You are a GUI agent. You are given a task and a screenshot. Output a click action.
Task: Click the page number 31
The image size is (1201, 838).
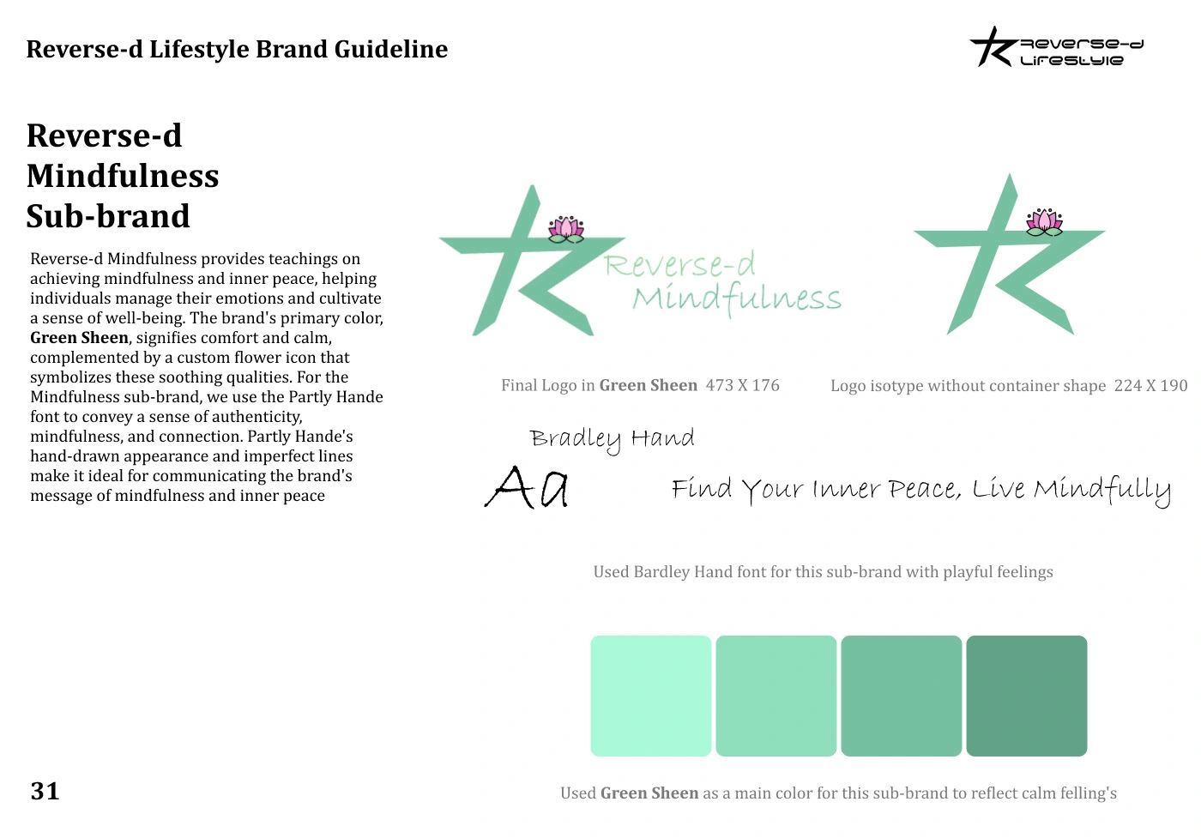coord(45,791)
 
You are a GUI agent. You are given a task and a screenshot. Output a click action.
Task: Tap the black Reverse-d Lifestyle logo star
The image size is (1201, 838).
coord(992,48)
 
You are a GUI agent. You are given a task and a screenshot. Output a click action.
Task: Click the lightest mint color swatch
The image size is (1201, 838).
coord(650,696)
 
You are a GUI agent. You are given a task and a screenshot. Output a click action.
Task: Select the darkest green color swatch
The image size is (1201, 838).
coord(1026,696)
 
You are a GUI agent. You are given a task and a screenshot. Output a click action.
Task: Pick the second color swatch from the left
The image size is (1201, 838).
coord(776,696)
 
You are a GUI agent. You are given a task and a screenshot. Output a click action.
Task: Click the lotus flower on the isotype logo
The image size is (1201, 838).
coord(1044,222)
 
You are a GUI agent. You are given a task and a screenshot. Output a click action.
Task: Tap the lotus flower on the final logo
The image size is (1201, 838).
coord(566,229)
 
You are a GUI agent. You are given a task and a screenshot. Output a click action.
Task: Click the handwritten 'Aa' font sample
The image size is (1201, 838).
coord(527,487)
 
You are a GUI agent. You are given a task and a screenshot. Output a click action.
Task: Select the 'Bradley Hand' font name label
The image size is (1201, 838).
coord(612,438)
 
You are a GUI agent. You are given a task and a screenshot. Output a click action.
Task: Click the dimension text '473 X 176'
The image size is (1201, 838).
coord(742,386)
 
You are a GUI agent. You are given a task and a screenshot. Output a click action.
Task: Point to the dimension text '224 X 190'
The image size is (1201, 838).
coord(1150,386)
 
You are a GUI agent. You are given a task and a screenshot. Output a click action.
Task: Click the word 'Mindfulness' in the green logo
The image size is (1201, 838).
coord(737,298)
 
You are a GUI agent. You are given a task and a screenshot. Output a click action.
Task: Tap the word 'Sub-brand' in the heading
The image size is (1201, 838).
coord(108,216)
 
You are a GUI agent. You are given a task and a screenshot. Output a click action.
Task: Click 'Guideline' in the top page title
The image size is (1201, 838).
coord(391,49)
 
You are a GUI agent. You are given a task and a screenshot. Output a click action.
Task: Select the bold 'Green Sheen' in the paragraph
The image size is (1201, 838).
coord(79,338)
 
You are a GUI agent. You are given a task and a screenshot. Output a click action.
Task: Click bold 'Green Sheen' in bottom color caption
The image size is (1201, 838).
coord(649,793)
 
